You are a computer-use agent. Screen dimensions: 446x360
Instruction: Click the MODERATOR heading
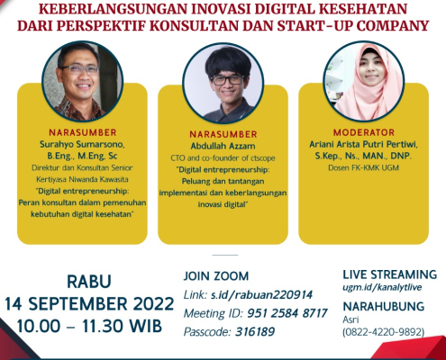[364, 132]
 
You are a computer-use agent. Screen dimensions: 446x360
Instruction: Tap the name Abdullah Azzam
[223, 146]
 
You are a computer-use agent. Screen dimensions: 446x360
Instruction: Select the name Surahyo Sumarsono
[82, 144]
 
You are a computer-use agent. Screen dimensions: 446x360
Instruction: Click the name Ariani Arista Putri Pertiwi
[363, 144]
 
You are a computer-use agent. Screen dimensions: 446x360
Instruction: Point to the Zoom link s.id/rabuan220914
[261, 294]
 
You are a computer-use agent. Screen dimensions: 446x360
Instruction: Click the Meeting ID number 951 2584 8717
[287, 313]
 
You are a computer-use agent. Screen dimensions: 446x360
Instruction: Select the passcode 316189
[255, 331]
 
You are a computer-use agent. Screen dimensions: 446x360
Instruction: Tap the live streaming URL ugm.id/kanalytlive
[382, 287]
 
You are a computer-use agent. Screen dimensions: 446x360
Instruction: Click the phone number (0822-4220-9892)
[384, 332]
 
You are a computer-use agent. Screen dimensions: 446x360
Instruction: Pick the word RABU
[89, 282]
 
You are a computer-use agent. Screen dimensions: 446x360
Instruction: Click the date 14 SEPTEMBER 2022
[89, 303]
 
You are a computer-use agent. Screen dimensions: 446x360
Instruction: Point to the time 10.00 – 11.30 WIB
[89, 326]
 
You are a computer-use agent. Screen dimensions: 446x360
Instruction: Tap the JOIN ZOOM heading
[216, 276]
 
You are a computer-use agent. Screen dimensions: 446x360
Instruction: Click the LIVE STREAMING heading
[390, 274]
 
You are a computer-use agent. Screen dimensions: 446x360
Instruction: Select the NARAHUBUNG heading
[384, 306]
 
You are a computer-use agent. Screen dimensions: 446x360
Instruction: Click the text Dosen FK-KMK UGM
[363, 167]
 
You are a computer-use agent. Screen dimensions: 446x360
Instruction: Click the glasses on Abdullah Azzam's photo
[227, 80]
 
